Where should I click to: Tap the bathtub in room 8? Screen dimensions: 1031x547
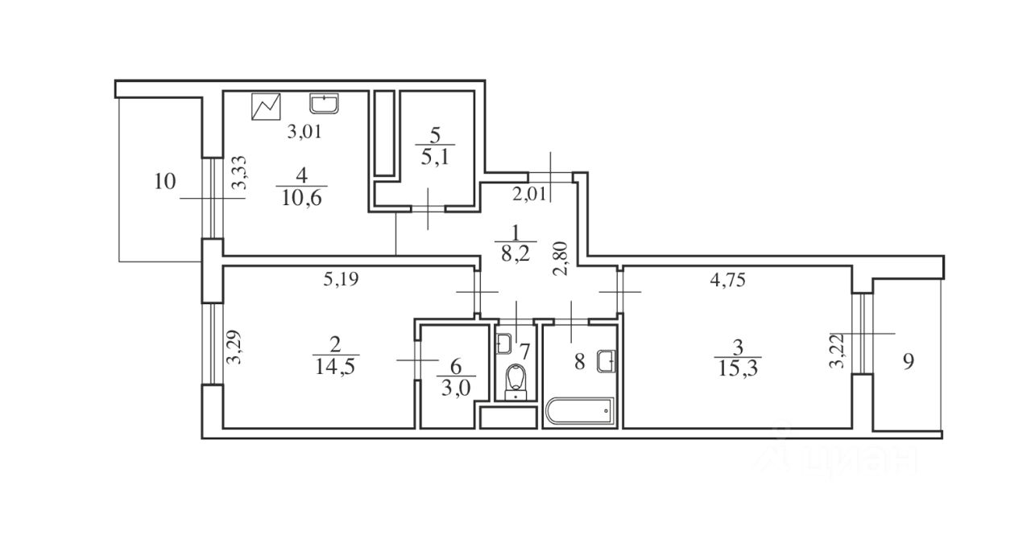pyautogui.click(x=579, y=412)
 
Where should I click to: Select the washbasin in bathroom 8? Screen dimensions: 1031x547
pyautogui.click(x=607, y=361)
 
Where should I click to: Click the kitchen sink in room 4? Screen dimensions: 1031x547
pyautogui.click(x=325, y=103)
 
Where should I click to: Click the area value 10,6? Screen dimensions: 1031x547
pyautogui.click(x=302, y=198)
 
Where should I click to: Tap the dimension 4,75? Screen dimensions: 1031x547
pyautogui.click(x=731, y=280)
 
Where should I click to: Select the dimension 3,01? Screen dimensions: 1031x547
pyautogui.click(x=305, y=133)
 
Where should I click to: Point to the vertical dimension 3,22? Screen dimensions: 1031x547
pyautogui.click(x=838, y=350)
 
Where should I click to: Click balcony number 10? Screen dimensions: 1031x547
pyautogui.click(x=164, y=181)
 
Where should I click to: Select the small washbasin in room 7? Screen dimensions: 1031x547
pyautogui.click(x=503, y=343)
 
